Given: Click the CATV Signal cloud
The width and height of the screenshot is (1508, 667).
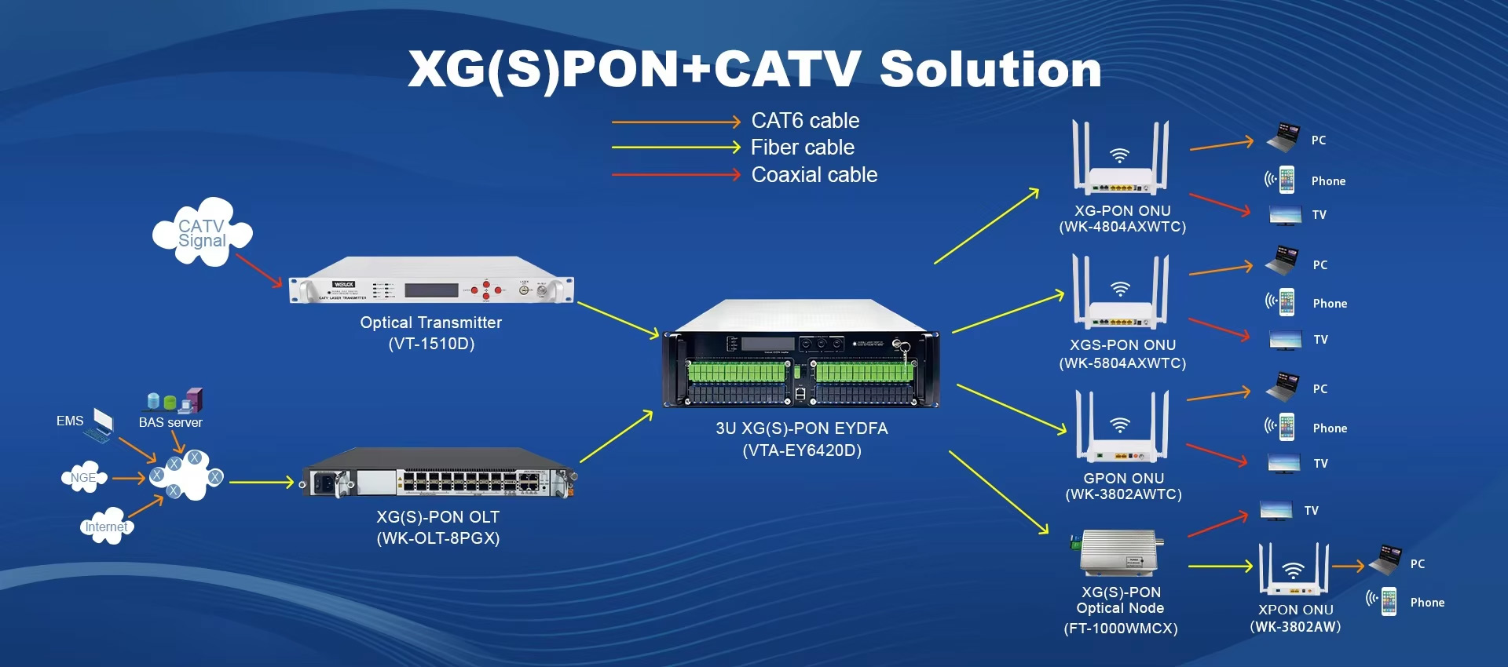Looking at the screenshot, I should (202, 233).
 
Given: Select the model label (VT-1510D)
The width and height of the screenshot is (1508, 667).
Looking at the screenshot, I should (431, 344).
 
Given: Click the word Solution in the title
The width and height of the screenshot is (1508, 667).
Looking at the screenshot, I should (990, 69).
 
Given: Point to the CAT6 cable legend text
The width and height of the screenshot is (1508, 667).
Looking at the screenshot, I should (805, 121).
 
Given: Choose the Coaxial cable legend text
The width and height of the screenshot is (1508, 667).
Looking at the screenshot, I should (814, 175).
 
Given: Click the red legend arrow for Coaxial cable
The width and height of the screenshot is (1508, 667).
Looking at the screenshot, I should (675, 174).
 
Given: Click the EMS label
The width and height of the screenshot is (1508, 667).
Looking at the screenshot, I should (70, 421).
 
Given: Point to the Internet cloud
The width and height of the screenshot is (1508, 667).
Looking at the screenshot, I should (107, 527).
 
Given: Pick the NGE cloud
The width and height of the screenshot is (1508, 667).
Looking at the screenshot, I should (83, 477).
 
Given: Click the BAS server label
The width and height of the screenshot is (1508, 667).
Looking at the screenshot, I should (170, 423).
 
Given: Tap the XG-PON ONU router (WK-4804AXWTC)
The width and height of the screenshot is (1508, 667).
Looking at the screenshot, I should (1121, 161).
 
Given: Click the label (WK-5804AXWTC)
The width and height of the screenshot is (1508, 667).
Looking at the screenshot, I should (1122, 363).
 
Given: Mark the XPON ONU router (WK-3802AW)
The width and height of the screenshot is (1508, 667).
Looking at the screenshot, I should (1294, 571).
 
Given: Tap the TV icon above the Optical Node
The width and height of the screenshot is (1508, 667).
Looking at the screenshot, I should (1276, 510).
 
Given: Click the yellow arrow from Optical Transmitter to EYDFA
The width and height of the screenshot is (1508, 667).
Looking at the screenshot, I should (618, 320).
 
